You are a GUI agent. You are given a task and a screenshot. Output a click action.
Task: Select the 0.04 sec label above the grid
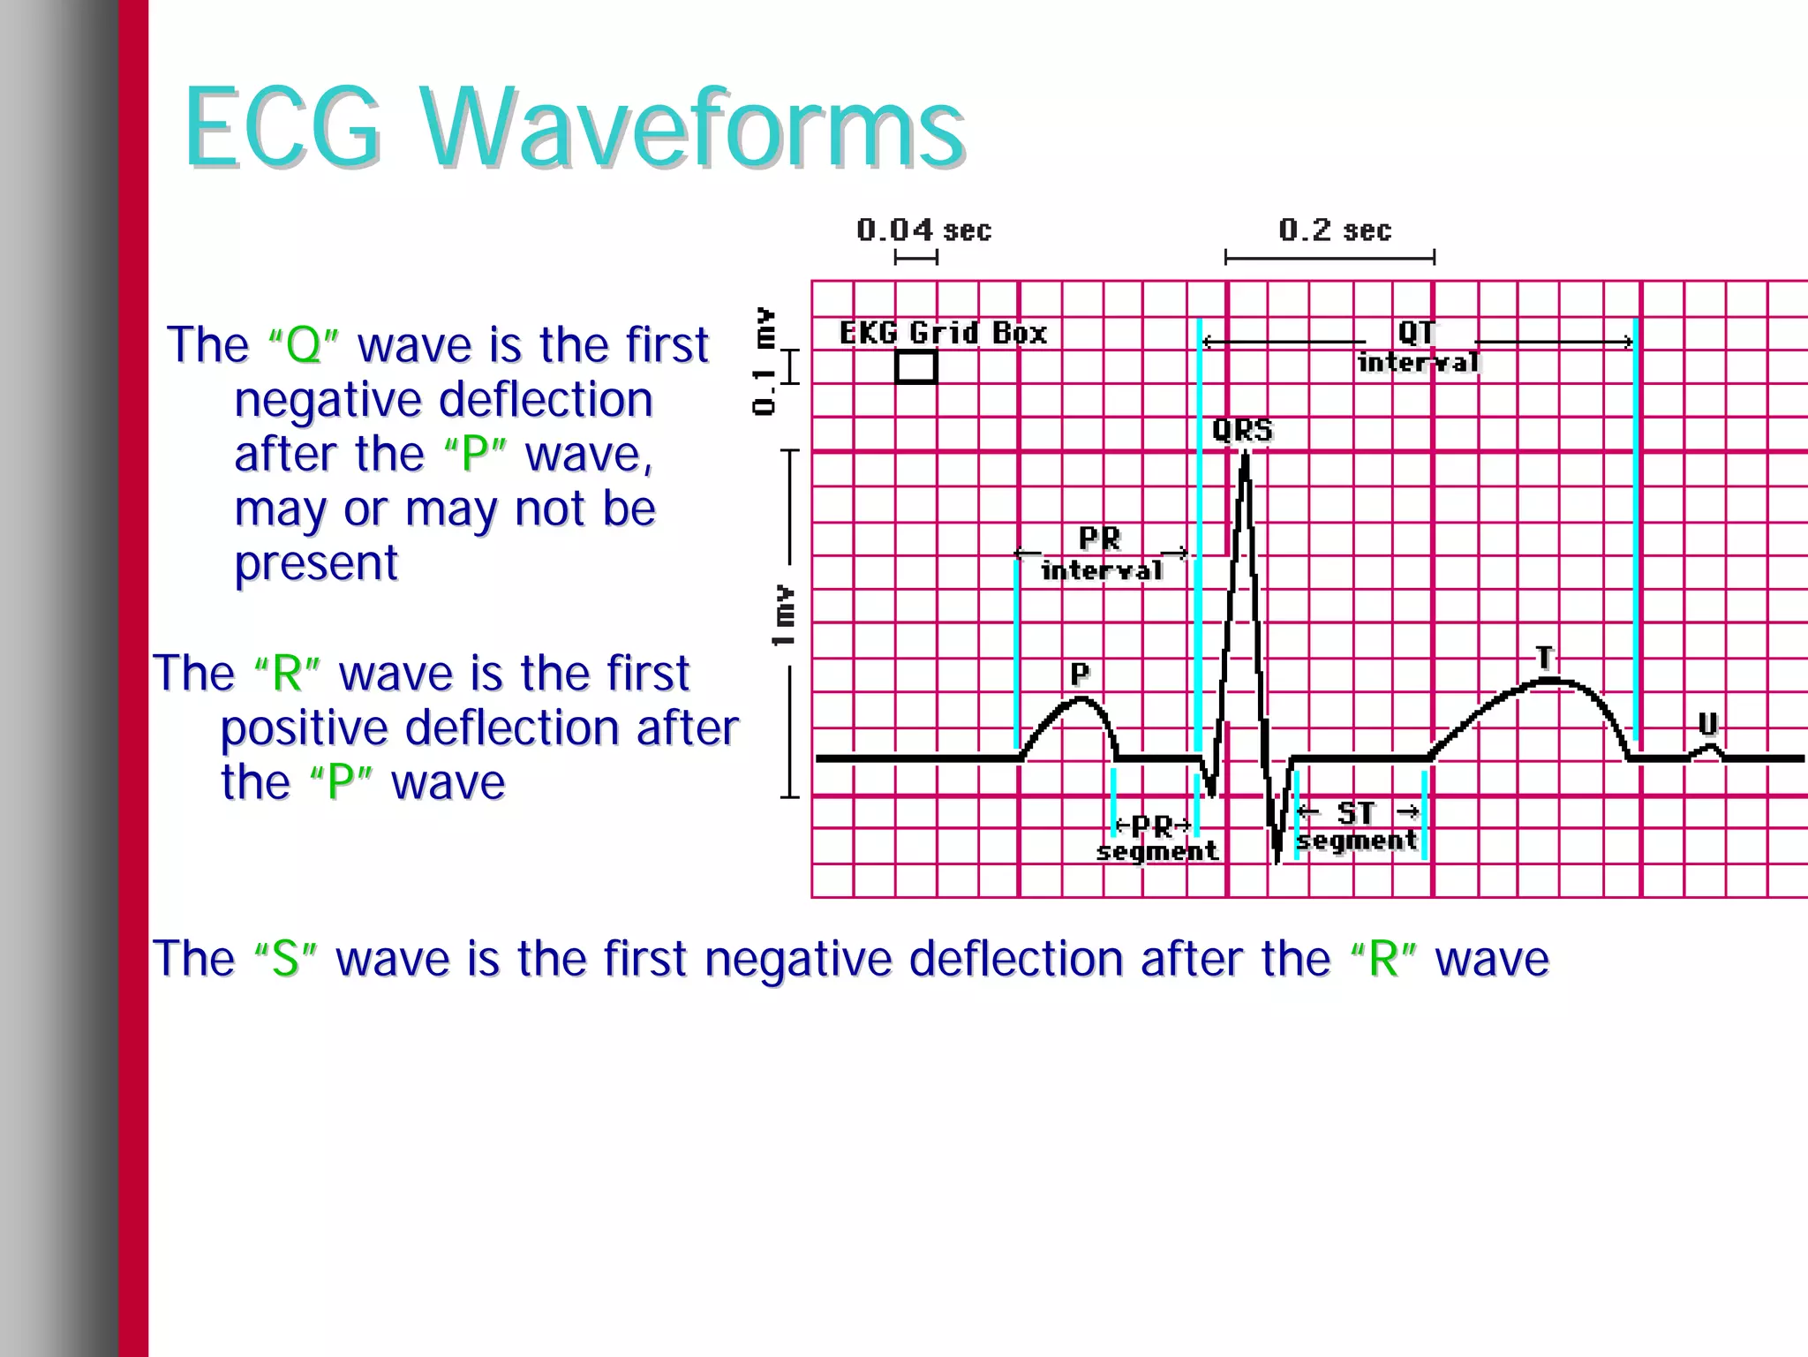pos(923,230)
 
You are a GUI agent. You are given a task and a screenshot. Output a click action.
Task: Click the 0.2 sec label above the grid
pos(1334,230)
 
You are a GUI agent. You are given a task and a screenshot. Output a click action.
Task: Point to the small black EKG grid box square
pos(915,366)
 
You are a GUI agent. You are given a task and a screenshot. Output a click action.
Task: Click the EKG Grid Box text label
pos(942,333)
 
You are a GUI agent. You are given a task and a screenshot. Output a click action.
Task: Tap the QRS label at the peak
pos(1242,430)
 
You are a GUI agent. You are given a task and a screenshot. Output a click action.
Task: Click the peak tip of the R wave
pos(1246,454)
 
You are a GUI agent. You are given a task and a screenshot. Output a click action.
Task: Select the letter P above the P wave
pos(1080,674)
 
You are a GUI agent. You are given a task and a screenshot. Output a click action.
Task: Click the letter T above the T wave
pos(1544,657)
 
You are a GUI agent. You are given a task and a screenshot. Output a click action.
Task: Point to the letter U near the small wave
pos(1708,724)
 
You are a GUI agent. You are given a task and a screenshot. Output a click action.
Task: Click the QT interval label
pos(1418,346)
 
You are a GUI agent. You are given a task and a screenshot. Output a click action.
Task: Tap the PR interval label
pos(1101,554)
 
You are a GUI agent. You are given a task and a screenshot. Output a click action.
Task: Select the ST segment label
pos(1357,826)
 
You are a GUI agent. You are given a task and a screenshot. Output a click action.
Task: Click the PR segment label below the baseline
pos(1156,838)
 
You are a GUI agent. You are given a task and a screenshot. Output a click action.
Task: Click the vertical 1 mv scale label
pos(783,614)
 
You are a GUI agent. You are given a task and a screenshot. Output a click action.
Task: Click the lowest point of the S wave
pos(1277,858)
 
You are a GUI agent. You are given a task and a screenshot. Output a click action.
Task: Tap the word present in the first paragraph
pos(316,563)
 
